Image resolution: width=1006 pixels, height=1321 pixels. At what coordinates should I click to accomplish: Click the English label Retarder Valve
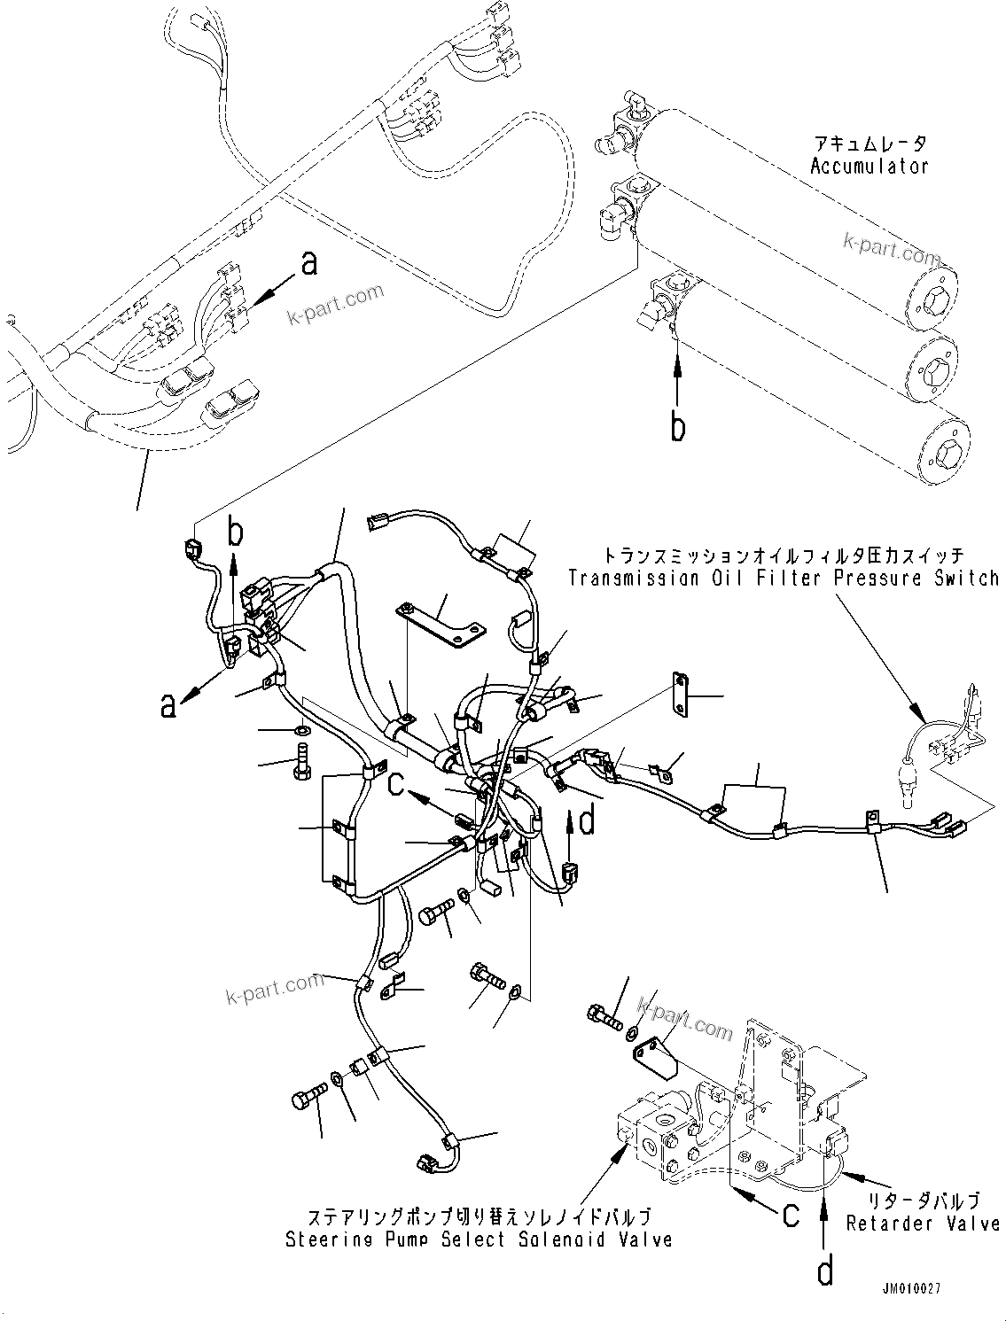(x=923, y=1224)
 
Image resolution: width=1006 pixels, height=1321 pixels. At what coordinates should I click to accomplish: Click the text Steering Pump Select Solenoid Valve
(x=478, y=1239)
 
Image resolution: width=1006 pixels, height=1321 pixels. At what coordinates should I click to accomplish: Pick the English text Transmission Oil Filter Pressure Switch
(x=784, y=579)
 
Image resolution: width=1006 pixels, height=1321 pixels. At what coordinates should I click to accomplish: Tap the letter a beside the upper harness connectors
(x=308, y=263)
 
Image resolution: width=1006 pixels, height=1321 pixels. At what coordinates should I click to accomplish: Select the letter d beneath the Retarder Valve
(x=825, y=1272)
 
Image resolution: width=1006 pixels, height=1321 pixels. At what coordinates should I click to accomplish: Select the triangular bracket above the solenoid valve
(x=653, y=1054)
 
